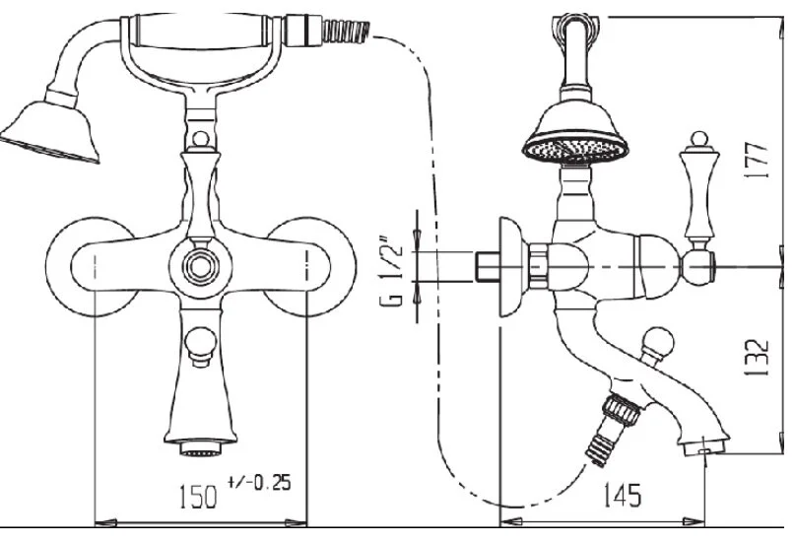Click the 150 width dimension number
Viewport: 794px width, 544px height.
[198, 497]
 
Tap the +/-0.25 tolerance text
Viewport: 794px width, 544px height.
[260, 483]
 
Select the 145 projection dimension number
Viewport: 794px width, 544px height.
[623, 495]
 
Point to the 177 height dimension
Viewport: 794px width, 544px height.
[757, 161]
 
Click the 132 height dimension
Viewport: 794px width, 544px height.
[757, 357]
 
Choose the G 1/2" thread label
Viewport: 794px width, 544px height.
[392, 271]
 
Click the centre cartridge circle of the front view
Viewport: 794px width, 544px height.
[201, 266]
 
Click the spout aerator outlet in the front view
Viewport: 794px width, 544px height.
[201, 448]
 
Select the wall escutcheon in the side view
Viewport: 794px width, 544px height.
[512, 267]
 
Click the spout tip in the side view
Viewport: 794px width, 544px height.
[704, 446]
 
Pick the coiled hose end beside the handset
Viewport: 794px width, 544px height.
[347, 31]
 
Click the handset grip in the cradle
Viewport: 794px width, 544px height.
[201, 31]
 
